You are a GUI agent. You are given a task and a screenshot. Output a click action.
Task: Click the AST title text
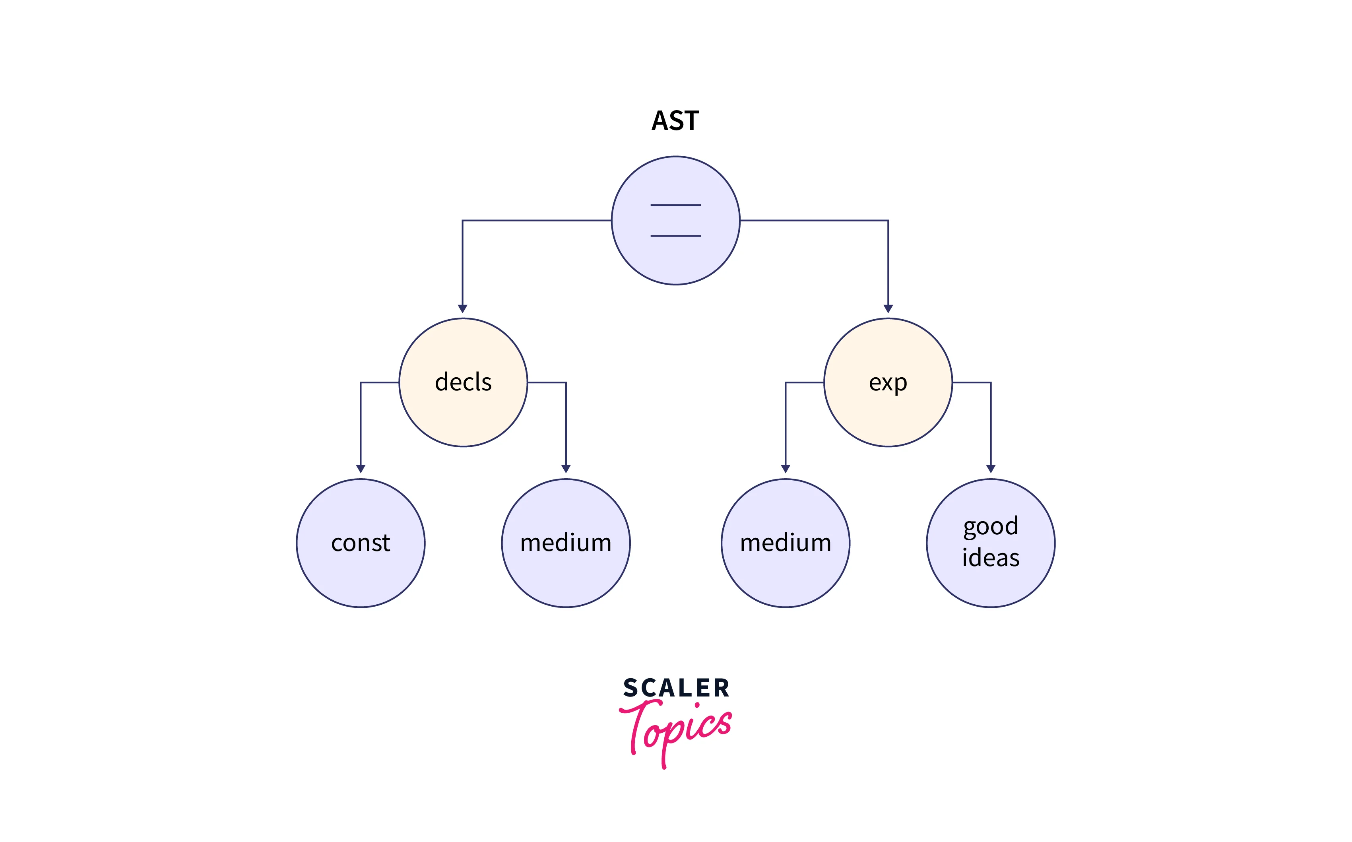[675, 121]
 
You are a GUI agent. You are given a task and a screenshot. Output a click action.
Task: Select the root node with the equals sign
[675, 221]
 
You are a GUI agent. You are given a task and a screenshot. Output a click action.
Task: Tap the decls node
[463, 382]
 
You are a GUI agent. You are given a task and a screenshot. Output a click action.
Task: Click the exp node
[888, 382]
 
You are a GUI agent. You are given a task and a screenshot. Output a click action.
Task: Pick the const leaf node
[361, 543]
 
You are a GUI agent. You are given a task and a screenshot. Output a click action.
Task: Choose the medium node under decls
[566, 543]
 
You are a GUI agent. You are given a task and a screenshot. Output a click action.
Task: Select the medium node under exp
[786, 543]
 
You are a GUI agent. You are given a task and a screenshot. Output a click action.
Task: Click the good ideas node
[991, 543]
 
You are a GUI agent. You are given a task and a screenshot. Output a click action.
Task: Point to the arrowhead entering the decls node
[463, 309]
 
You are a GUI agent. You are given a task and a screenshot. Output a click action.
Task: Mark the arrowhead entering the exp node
[888, 309]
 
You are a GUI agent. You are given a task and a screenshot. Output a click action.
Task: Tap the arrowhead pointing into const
[361, 469]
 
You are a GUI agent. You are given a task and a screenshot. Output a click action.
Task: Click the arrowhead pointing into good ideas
[991, 469]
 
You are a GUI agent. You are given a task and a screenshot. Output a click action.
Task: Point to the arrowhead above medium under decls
[566, 469]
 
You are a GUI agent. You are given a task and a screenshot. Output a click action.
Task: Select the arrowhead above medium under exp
[786, 469]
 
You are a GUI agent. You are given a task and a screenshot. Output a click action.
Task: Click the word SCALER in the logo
[676, 688]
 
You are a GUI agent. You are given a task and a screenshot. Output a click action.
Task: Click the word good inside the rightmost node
[991, 527]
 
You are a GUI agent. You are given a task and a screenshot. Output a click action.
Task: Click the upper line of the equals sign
[675, 205]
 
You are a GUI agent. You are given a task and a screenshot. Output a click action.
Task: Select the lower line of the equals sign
[675, 236]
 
